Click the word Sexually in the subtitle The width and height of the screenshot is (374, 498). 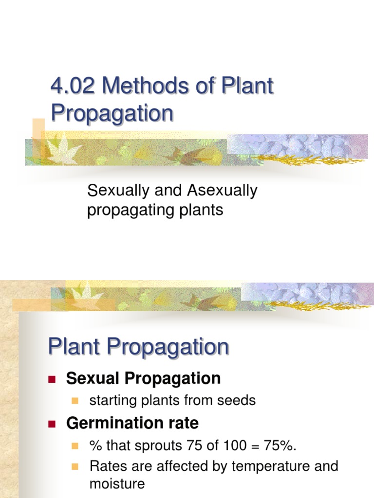pyautogui.click(x=116, y=191)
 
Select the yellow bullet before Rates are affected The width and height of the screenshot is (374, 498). pyautogui.click(x=75, y=467)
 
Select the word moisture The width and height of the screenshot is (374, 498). pyautogui.click(x=117, y=484)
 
